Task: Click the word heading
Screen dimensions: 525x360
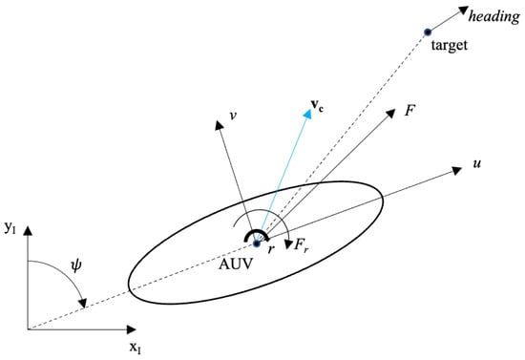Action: point(494,17)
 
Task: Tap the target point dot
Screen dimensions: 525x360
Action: point(428,32)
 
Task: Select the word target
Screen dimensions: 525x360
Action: point(449,45)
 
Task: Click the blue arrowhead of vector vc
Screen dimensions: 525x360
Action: point(307,114)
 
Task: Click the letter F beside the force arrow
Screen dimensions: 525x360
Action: point(409,110)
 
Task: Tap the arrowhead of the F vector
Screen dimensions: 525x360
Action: point(390,114)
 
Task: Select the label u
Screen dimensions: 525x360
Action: point(476,163)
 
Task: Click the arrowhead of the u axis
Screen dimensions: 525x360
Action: point(457,171)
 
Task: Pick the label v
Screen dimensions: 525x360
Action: point(233,116)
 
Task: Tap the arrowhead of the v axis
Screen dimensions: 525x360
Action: point(219,125)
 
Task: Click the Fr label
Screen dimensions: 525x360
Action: point(301,245)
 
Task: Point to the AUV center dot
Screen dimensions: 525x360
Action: point(257,244)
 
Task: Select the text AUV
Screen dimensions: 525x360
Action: point(236,264)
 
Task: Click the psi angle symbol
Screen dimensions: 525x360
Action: point(76,266)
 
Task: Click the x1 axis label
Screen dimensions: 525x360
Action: point(136,348)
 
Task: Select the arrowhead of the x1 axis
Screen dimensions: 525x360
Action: point(131,329)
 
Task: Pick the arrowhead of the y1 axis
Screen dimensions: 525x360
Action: point(28,231)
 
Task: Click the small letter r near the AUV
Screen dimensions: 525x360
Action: point(271,249)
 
